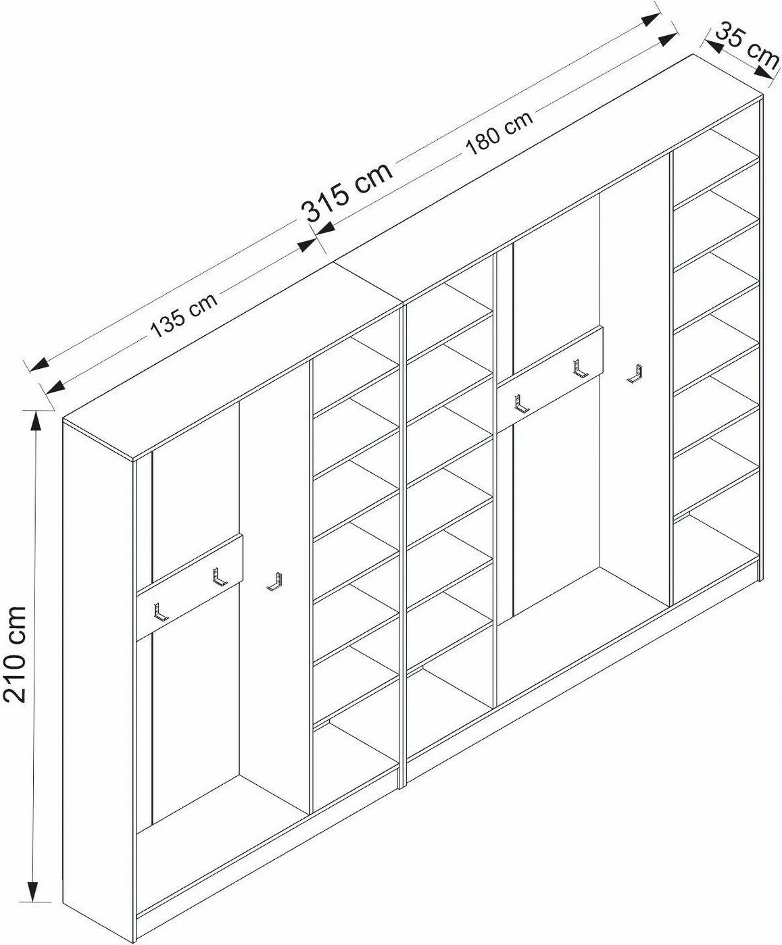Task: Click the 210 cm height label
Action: (x=15, y=654)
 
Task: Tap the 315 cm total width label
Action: (x=347, y=192)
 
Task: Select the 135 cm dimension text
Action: (x=184, y=315)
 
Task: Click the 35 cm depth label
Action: (x=748, y=46)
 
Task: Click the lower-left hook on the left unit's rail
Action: (x=160, y=612)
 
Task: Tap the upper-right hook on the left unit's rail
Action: (x=219, y=577)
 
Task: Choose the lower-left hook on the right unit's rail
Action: (x=521, y=404)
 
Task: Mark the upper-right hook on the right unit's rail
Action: (x=580, y=368)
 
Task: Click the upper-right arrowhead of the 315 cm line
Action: (x=652, y=20)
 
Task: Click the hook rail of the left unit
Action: (x=189, y=588)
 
